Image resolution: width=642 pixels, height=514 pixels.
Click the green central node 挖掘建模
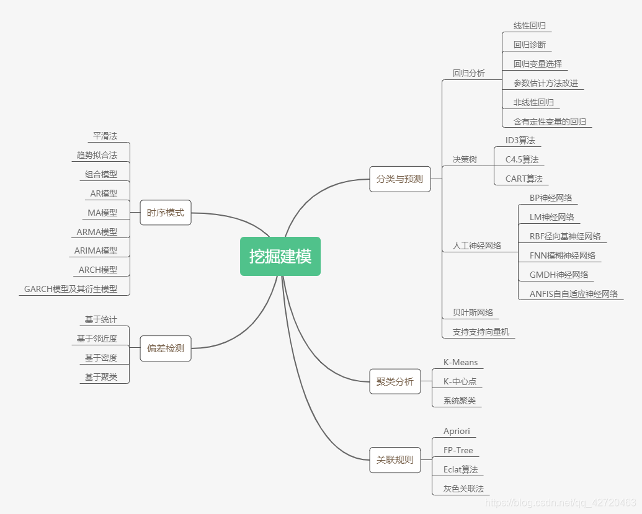[x=280, y=256]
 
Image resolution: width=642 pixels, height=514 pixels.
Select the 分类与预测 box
[x=399, y=179]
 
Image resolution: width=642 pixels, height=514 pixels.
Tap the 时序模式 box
[x=166, y=213]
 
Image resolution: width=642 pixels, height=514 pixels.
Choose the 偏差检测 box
[x=166, y=348]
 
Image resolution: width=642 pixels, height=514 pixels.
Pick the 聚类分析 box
[x=395, y=381]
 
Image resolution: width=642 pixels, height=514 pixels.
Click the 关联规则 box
[x=395, y=460]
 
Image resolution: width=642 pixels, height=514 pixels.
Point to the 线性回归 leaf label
[x=529, y=26]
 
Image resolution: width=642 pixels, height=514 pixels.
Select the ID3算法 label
[x=520, y=140]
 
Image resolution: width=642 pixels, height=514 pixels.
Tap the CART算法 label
[x=524, y=179]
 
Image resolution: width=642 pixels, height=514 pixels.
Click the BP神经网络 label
[x=551, y=198]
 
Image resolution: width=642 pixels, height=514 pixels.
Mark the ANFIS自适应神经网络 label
[x=574, y=294]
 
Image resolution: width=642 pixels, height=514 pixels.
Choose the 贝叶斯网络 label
[x=473, y=312]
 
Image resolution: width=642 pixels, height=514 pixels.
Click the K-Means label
[x=460, y=362]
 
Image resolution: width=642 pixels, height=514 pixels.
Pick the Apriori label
[x=457, y=432]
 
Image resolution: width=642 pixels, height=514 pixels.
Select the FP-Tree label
[x=458, y=450]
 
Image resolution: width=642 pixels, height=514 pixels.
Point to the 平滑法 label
[x=105, y=136]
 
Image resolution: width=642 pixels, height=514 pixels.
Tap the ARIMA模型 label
[x=96, y=250]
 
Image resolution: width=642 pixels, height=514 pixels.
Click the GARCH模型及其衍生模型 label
[x=70, y=289]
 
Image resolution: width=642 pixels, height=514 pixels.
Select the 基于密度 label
[x=101, y=358]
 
